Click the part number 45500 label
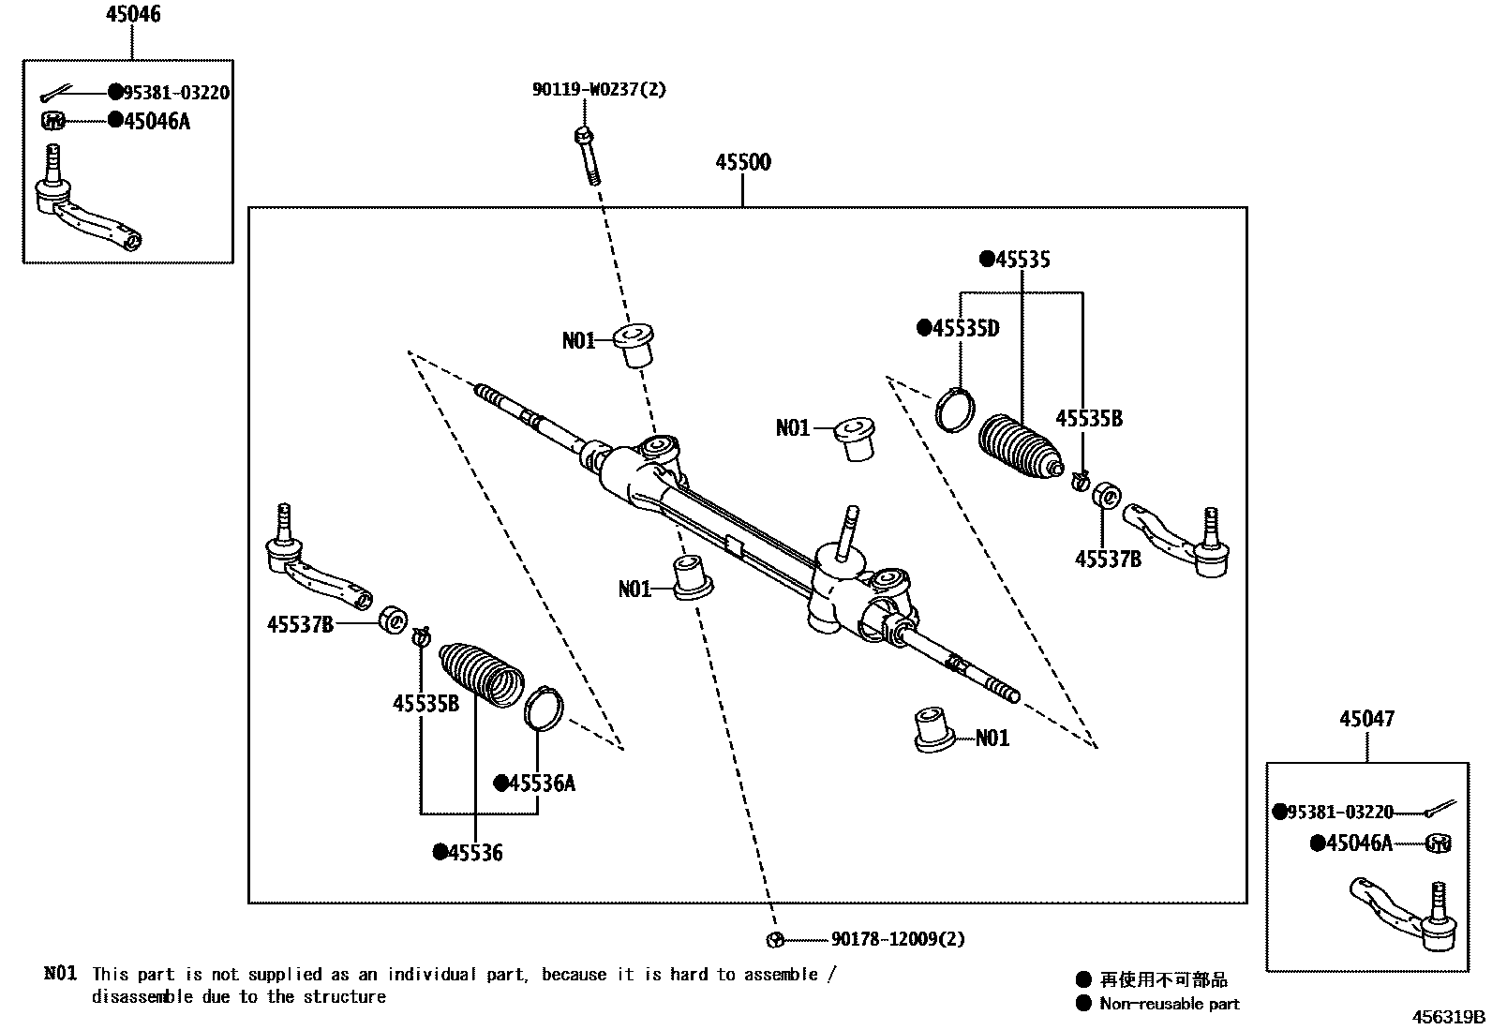click(x=743, y=162)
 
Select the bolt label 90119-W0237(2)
click(x=600, y=90)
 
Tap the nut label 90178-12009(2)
click(x=898, y=939)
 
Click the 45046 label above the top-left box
click(x=132, y=14)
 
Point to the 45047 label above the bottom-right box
click(x=1366, y=719)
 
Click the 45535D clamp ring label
click(x=965, y=328)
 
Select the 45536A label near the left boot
click(x=541, y=783)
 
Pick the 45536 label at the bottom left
click(x=475, y=852)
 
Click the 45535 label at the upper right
click(x=1022, y=260)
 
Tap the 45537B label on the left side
click(x=300, y=624)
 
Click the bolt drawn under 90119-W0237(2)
click(x=587, y=155)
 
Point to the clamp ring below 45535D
click(x=956, y=410)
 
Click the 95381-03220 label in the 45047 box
click(x=1340, y=812)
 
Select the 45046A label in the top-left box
click(x=157, y=120)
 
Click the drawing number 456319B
click(x=1450, y=1017)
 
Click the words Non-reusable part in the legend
click(x=1170, y=1004)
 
